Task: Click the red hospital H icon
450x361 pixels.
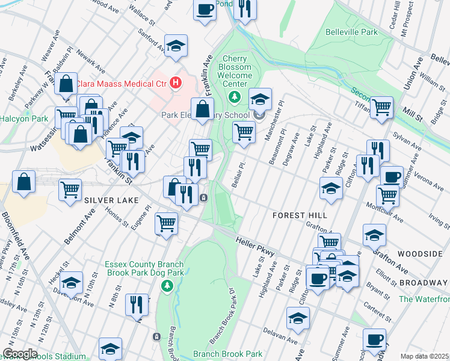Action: pyautogui.click(x=176, y=82)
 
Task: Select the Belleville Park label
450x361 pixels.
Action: pyautogui.click(x=351, y=32)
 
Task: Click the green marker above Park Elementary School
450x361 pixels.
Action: pyautogui.click(x=235, y=97)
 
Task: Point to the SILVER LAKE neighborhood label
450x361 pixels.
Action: pyautogui.click(x=107, y=199)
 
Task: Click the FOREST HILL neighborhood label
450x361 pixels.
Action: pyautogui.click(x=300, y=215)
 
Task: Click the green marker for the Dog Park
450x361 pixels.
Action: pyautogui.click(x=168, y=284)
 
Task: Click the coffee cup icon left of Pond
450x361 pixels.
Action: pyautogui.click(x=205, y=10)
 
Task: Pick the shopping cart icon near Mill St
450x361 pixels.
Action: pyautogui.click(x=381, y=107)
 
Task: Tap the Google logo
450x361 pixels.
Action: pyautogui.click(x=20, y=353)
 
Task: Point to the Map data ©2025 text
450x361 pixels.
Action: pyautogui.click(x=424, y=356)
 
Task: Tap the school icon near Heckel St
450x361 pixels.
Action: pyautogui.click(x=71, y=282)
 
